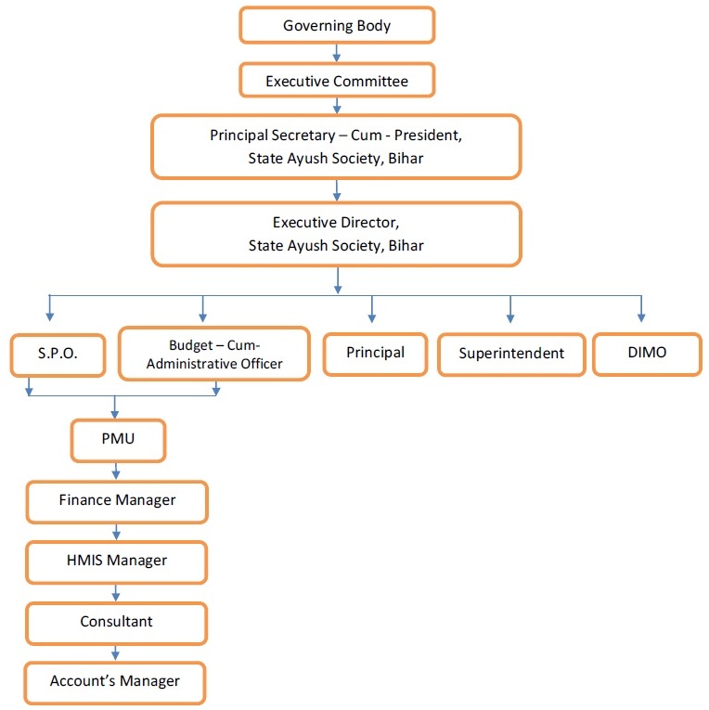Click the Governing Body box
[x=337, y=25]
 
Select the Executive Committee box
[x=337, y=81]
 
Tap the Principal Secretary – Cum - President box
[x=336, y=147]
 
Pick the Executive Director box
[x=336, y=234]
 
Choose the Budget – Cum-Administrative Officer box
[x=214, y=353]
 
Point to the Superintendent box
[x=511, y=354]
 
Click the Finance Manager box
[x=117, y=500]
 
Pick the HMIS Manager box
[x=117, y=561]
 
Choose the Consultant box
[x=117, y=622]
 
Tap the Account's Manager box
[x=115, y=681]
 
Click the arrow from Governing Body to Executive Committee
[x=337, y=53]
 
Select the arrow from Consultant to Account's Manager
[x=117, y=652]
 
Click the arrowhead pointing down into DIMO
[x=641, y=316]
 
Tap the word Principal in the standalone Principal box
[x=375, y=353]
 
